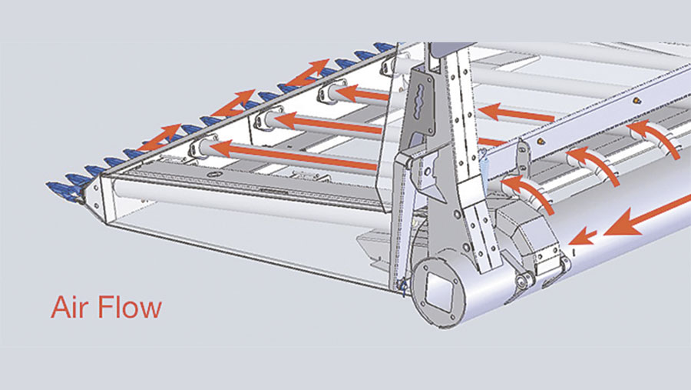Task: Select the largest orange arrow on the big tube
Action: coord(647,216)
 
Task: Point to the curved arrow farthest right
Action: coord(654,138)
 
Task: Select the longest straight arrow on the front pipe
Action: coord(294,155)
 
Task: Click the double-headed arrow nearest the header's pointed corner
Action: coord(159,138)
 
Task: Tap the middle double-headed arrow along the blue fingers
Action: coord(233,104)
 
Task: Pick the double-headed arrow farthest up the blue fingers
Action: coord(307,72)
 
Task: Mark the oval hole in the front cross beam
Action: coord(213,175)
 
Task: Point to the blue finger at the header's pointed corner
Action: coord(61,188)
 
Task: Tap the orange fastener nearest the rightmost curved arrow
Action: coord(636,101)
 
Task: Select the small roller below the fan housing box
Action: coord(525,279)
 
